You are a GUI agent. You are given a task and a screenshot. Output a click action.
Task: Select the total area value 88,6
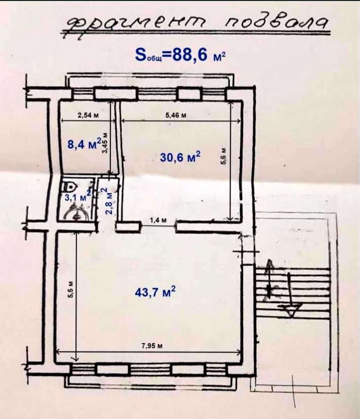pos(188,55)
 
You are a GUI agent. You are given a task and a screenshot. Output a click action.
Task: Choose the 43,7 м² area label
pos(155,292)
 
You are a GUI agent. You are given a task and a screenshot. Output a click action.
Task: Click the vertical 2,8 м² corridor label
pos(109,201)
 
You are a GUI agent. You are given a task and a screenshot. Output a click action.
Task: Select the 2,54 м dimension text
pos(88,115)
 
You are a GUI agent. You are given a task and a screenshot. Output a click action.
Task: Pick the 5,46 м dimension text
pos(176,115)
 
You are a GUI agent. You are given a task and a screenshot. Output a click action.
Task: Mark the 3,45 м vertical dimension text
pos(105,143)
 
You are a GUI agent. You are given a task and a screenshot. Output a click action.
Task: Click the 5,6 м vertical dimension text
pos(223,156)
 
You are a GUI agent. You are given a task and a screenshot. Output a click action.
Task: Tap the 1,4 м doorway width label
pos(159,220)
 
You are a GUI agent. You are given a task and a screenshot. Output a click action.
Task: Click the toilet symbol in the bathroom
pos(70,186)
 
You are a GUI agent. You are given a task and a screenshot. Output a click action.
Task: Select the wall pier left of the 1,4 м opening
pos(128,227)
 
